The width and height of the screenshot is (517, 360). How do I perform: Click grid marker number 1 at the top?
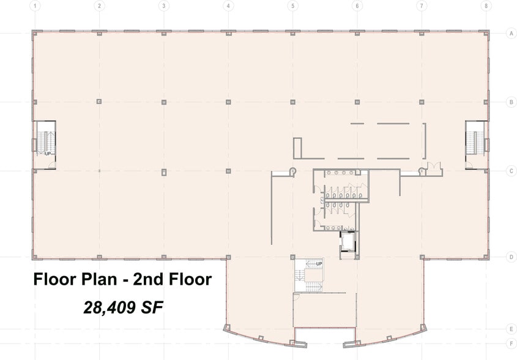(x=35, y=6)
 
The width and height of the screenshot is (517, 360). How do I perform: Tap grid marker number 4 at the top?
(x=228, y=6)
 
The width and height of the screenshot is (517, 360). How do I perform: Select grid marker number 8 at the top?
(x=486, y=6)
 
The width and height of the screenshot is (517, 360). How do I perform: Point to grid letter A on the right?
(x=511, y=34)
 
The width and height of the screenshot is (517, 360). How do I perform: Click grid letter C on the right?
(x=511, y=171)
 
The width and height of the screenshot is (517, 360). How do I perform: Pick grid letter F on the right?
(x=511, y=343)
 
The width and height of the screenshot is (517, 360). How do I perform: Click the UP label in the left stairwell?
(x=47, y=154)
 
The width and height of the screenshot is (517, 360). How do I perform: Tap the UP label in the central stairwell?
(x=319, y=263)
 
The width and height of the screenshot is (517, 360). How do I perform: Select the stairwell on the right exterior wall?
(x=475, y=144)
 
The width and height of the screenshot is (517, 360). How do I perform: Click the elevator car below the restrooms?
(x=347, y=241)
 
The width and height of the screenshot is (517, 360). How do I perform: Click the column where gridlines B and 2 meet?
(x=99, y=102)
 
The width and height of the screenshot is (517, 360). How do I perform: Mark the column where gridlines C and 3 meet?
(x=163, y=171)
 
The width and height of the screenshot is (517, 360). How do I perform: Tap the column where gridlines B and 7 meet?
(x=422, y=102)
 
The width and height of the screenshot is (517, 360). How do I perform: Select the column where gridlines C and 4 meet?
(x=228, y=171)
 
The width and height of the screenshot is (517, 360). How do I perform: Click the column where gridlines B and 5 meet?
(x=293, y=102)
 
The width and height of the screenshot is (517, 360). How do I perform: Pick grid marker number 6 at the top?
(x=357, y=6)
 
